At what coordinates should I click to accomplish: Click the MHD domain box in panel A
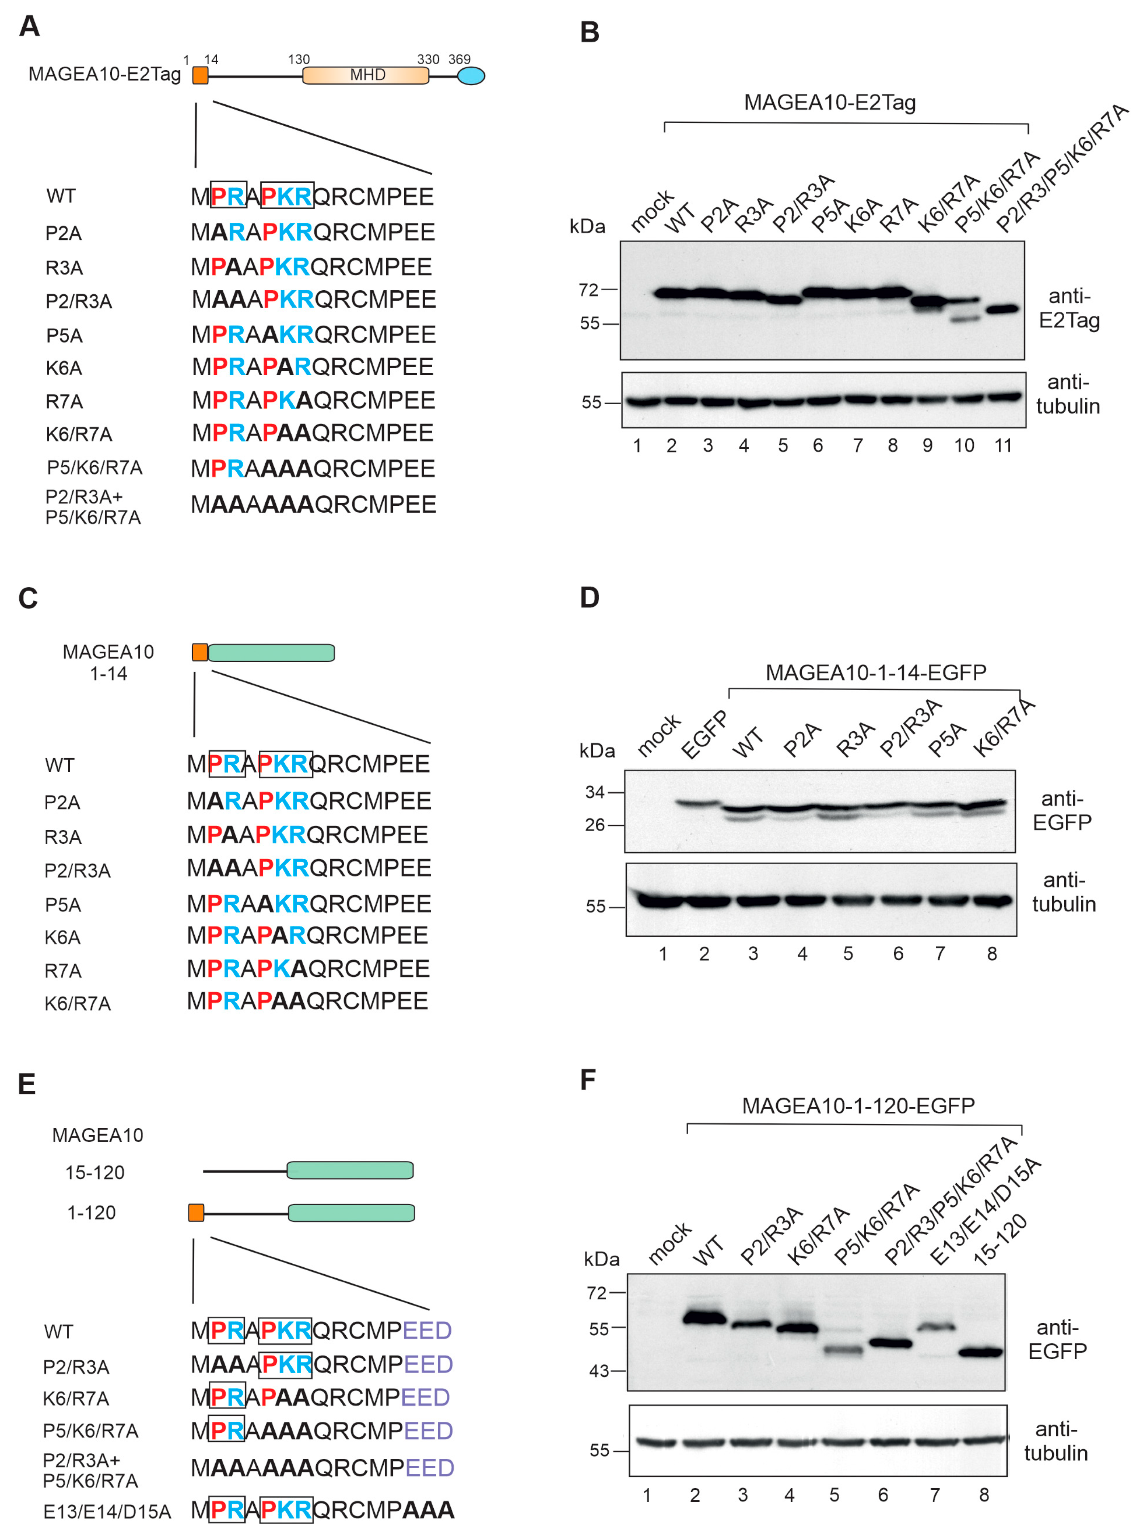366,75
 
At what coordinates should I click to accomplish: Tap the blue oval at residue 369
471,76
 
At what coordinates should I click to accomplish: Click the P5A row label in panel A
64,336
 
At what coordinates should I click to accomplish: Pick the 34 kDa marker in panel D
595,792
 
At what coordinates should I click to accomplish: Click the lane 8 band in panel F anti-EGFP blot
980,1351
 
